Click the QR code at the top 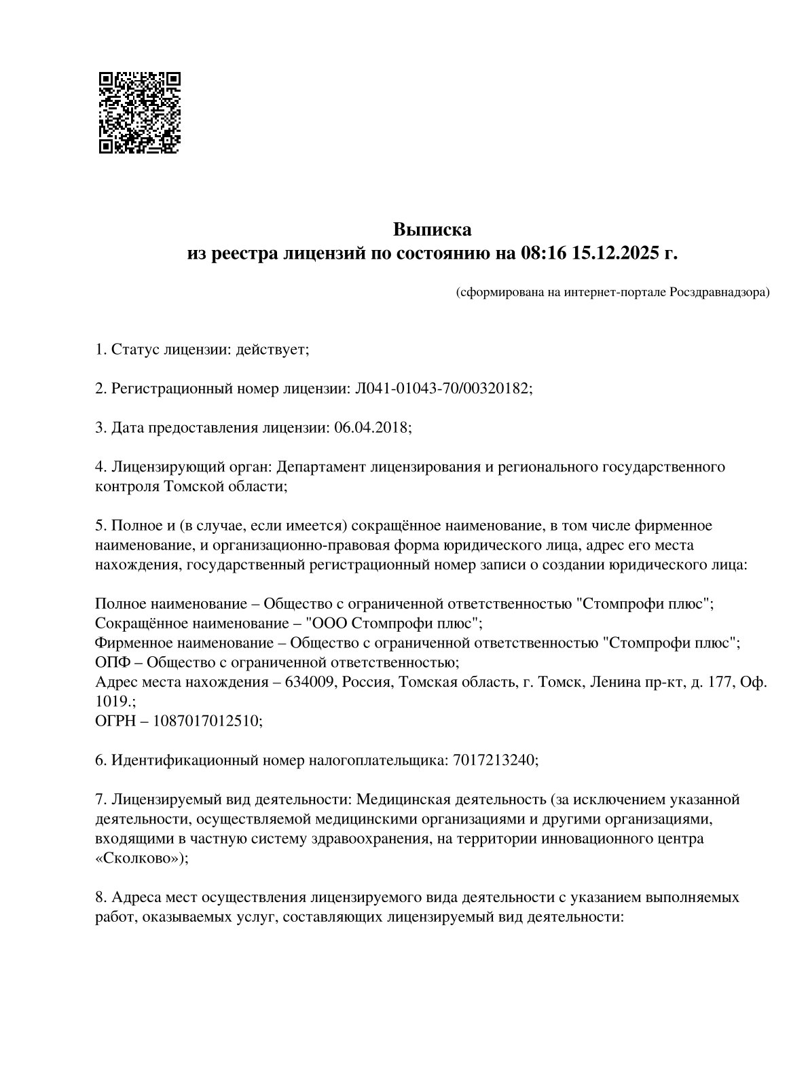click(x=139, y=112)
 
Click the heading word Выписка click(x=432, y=230)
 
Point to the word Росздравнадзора click(x=719, y=293)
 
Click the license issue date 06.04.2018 click(x=371, y=428)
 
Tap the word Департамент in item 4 click(x=319, y=467)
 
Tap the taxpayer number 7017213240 click(x=492, y=760)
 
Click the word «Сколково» click(x=139, y=858)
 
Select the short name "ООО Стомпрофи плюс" click(x=393, y=623)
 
